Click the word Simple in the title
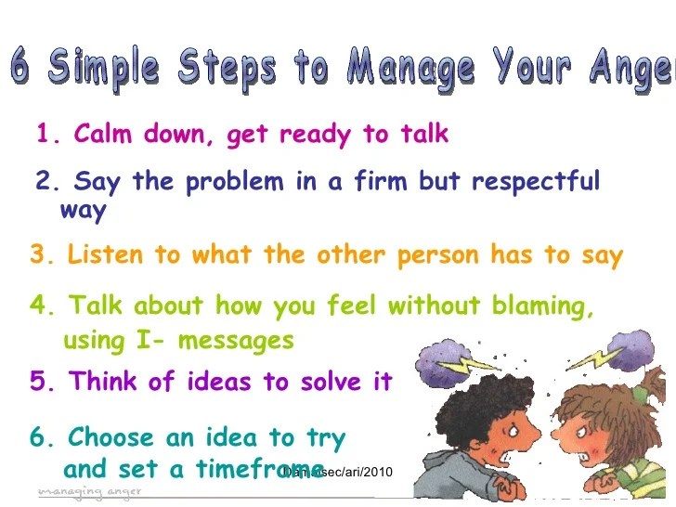pos(102,67)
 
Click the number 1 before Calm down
pos(43,136)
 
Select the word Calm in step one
pos(102,135)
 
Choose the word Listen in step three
pos(101,255)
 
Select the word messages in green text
pos(236,342)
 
